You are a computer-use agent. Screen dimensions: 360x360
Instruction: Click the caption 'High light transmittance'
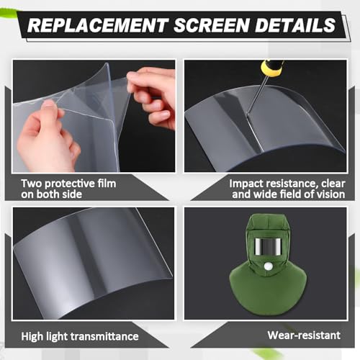pyautogui.click(x=79, y=336)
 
